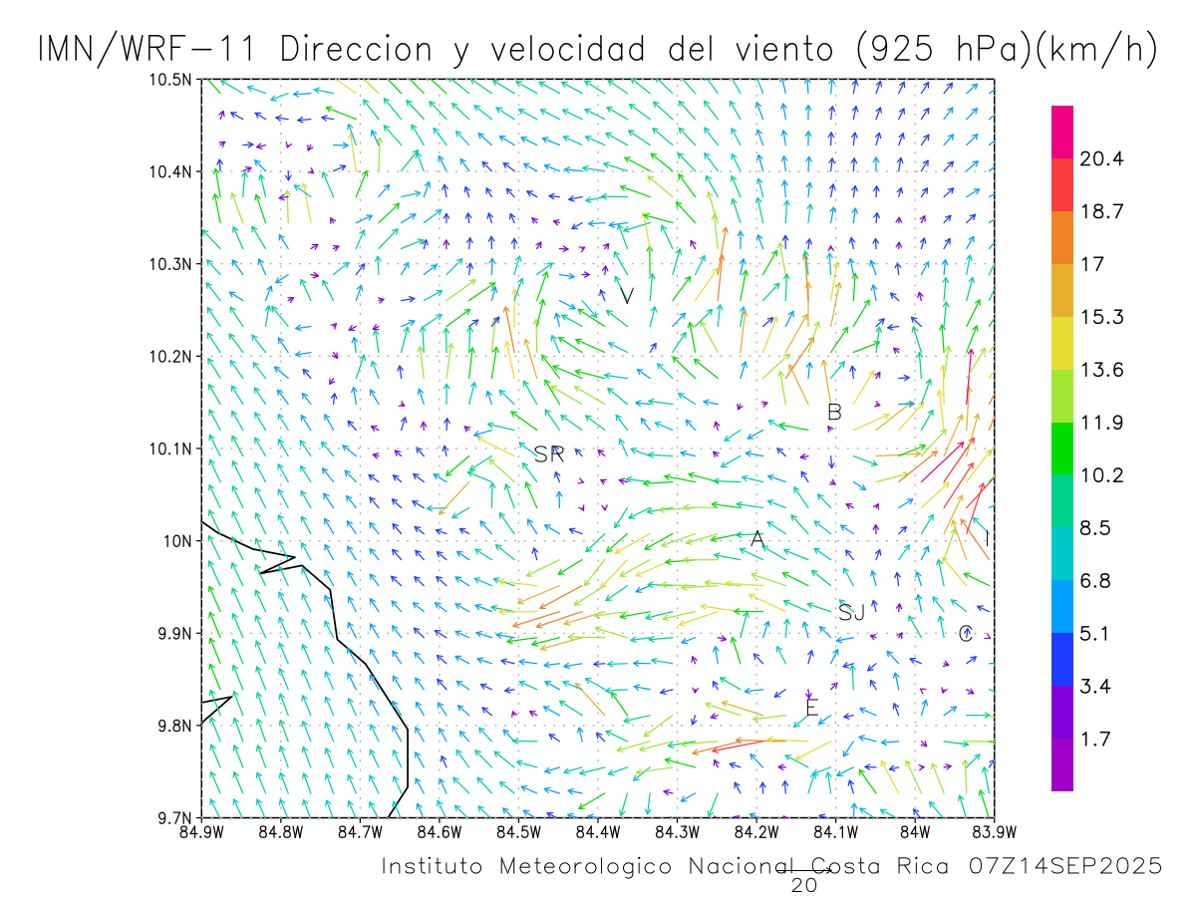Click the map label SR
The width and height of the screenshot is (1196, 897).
tap(549, 454)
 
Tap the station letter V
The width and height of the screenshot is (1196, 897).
tap(627, 295)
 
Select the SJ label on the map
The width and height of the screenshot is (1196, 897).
tap(851, 613)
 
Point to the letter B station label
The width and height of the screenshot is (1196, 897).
tap(835, 412)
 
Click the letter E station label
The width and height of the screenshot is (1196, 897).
tap(811, 709)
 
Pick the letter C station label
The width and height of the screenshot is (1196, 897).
tap(965, 634)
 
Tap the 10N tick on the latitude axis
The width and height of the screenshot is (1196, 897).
tap(177, 541)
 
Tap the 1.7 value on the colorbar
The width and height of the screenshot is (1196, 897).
tap(1096, 740)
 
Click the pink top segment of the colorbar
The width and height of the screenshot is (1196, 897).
tap(1062, 132)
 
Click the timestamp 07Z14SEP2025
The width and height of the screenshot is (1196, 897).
tap(1064, 867)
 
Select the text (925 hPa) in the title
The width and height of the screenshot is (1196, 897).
tap(940, 50)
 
